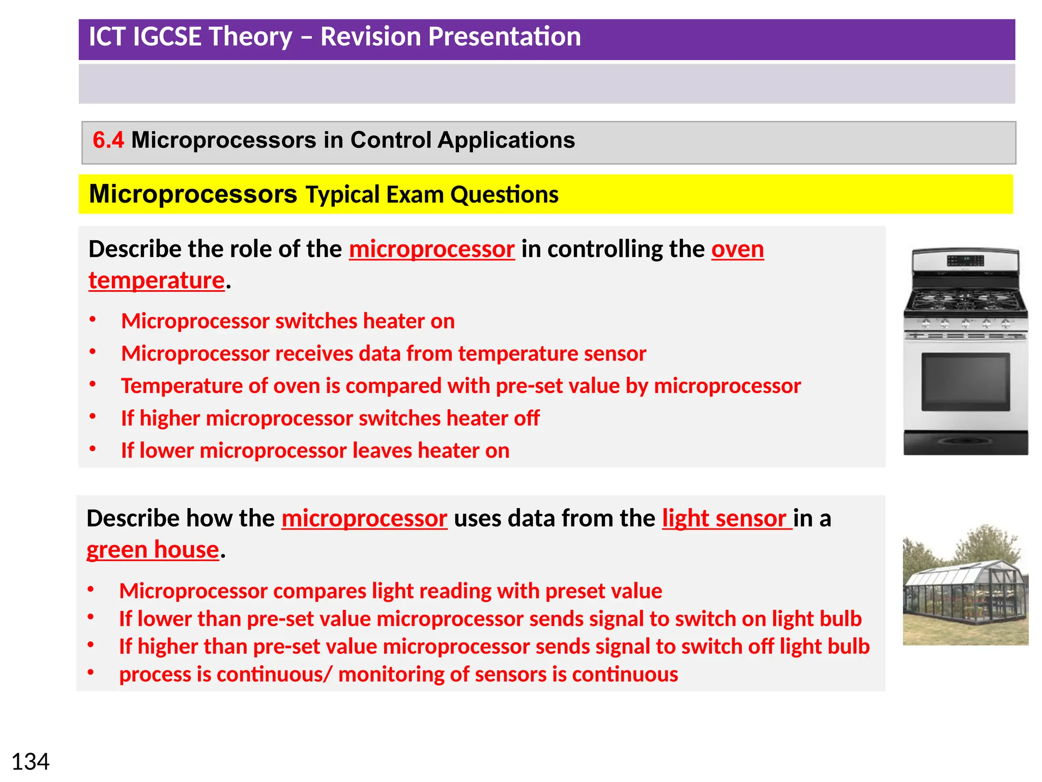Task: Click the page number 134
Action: [x=31, y=762]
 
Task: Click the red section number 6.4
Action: [x=108, y=140]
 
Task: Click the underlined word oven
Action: [x=737, y=249]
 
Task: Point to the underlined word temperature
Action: [x=157, y=281]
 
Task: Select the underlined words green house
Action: [x=153, y=550]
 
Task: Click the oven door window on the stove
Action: [x=965, y=382]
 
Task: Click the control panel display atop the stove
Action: [x=965, y=261]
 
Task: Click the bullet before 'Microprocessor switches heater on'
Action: [x=93, y=320]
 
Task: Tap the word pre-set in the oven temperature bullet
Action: [x=529, y=386]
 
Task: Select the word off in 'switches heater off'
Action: [x=526, y=418]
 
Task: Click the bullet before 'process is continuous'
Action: [x=91, y=673]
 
